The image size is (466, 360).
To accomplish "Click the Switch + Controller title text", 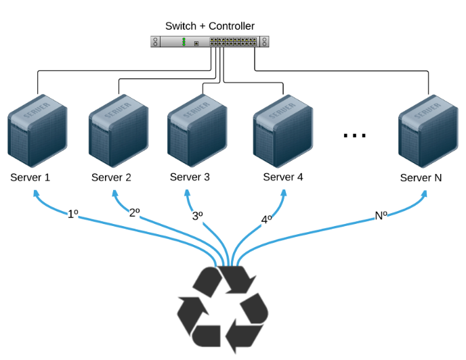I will point(210,26).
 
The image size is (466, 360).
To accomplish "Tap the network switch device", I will point(210,42).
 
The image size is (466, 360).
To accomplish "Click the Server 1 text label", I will point(30,178).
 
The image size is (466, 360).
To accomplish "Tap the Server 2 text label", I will point(111,178).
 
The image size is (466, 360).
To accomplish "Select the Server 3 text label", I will point(190,177).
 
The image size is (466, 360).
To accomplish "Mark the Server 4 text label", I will point(282,177).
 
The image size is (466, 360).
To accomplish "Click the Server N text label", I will point(421,178).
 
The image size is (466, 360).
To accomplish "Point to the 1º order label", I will point(73,214).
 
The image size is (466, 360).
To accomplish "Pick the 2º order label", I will point(134,212).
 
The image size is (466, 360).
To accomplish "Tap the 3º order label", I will point(198,217).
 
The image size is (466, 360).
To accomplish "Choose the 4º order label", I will point(267,219).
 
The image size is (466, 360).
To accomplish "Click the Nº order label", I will point(381,216).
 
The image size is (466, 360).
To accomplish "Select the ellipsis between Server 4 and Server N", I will point(354,135).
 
